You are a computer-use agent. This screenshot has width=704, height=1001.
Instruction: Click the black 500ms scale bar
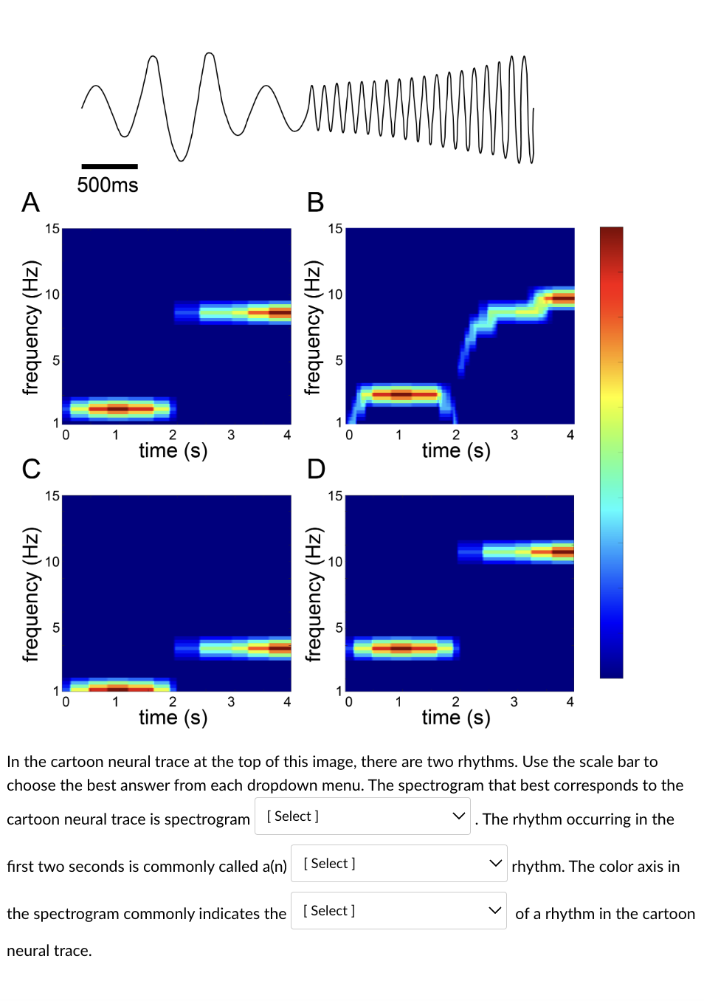point(109,166)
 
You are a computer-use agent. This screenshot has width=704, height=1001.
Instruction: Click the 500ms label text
point(108,185)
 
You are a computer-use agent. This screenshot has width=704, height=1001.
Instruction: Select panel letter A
point(30,202)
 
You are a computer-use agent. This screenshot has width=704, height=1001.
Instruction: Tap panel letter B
point(315,202)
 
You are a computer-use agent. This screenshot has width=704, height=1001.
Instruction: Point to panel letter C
point(31,469)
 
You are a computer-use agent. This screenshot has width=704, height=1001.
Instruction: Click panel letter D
point(316,469)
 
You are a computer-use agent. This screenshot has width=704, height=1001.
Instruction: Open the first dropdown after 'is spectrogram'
point(362,816)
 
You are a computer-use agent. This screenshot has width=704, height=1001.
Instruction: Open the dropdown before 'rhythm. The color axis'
point(398,864)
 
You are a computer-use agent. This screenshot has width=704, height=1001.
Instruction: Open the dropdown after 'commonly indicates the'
point(398,911)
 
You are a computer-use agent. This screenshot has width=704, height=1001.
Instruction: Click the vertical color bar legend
point(611,452)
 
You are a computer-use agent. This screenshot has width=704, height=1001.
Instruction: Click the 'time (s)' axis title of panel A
point(173,450)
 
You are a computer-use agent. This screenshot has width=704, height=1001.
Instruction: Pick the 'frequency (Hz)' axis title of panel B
point(312,327)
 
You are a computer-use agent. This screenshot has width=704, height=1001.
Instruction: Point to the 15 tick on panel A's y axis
point(52,229)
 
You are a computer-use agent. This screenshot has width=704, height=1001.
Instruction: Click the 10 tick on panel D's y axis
point(335,562)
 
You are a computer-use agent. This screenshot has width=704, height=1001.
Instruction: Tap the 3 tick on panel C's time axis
point(231,702)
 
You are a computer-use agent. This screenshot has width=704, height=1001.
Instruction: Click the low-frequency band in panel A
point(120,408)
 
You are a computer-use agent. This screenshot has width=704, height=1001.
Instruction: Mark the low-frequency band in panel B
point(403,394)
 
